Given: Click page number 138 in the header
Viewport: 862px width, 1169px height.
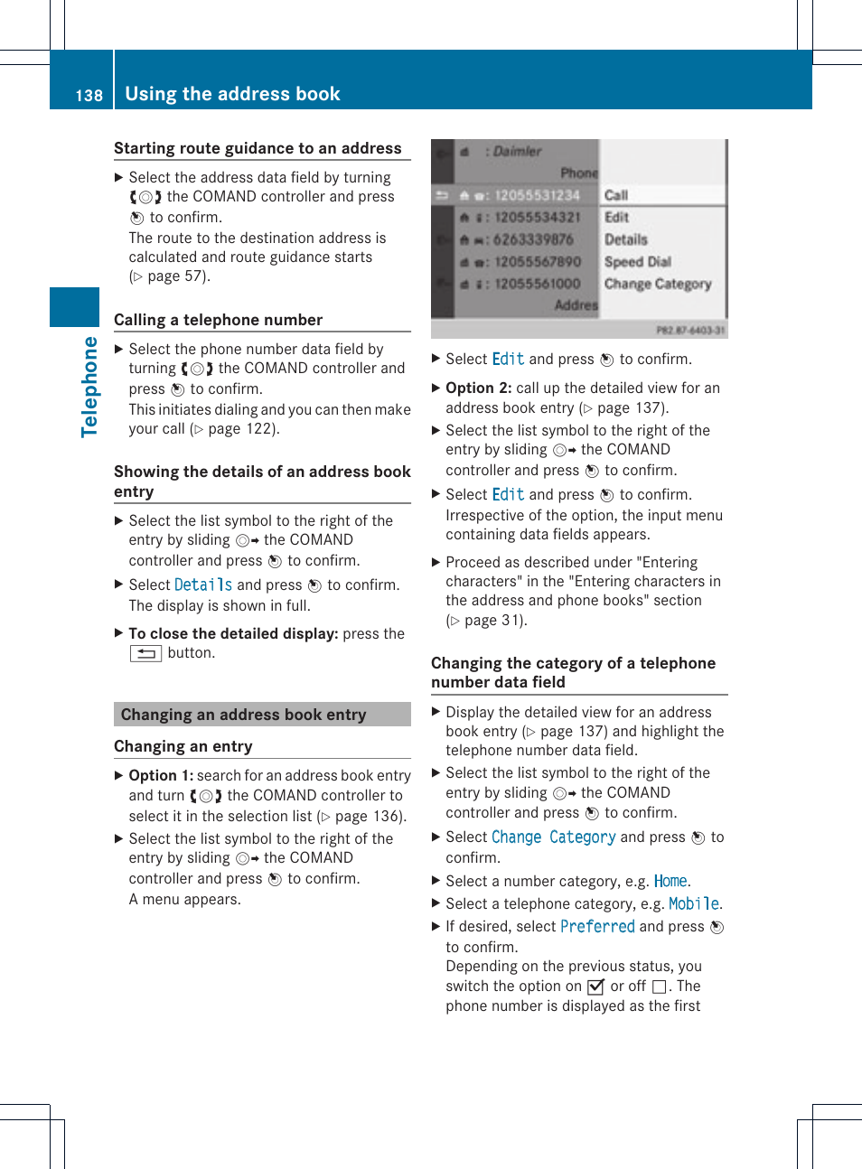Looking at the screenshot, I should [x=89, y=96].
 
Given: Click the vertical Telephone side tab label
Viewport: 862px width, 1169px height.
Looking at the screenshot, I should [x=89, y=387].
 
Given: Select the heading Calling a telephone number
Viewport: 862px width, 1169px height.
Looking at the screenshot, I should [x=218, y=320].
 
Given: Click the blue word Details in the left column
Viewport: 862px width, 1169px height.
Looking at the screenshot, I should [x=202, y=585].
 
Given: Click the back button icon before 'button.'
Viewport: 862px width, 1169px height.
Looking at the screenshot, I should [x=145, y=654].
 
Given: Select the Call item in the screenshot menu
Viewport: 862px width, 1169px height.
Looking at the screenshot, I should [x=616, y=195].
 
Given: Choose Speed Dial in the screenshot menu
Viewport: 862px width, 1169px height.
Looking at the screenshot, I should [x=637, y=262].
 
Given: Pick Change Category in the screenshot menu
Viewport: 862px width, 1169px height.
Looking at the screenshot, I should [x=657, y=284].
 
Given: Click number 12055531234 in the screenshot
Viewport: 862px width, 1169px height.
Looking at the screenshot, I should [x=536, y=195].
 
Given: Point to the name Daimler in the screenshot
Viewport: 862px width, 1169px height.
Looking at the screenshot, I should [x=517, y=152].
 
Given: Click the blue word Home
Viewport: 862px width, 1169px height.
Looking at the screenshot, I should [x=670, y=881].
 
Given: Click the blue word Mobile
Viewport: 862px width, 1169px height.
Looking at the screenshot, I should [x=693, y=903].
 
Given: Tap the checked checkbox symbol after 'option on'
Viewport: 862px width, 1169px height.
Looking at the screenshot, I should [x=595, y=987].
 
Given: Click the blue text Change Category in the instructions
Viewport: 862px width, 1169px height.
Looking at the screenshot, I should [x=553, y=837].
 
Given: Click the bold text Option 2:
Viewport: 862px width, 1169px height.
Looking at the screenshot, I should [x=478, y=388].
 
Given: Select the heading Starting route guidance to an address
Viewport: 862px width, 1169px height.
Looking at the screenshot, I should [x=258, y=148].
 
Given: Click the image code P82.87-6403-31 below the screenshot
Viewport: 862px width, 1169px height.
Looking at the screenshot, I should [x=689, y=331].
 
